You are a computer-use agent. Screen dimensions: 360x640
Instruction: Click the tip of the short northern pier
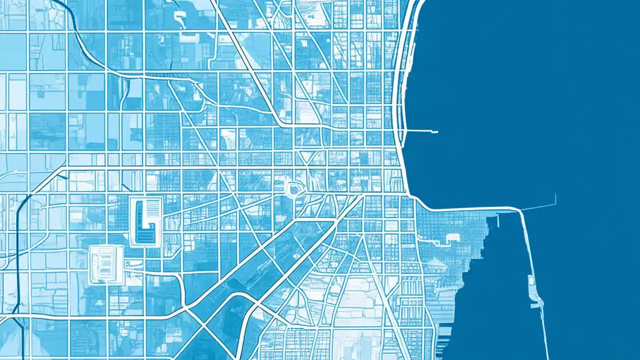pos(436,132)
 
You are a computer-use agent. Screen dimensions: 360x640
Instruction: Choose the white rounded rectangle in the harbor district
pos(452,237)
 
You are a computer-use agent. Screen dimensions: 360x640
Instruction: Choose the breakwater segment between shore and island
pos(525,245)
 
